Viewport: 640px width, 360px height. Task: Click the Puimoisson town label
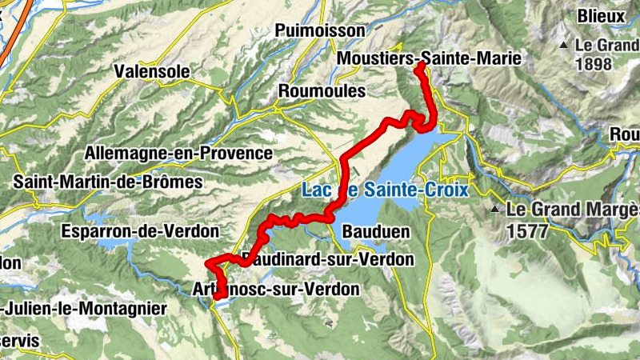319,30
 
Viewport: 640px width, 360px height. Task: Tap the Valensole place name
153,71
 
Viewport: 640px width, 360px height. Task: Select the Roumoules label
321,91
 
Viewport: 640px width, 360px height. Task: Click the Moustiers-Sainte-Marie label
429,58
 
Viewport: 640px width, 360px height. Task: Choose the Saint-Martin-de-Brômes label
108,182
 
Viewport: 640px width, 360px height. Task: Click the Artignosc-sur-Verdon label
277,289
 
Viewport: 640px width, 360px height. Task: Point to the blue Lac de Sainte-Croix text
384,190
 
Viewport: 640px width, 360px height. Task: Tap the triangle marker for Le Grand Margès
496,210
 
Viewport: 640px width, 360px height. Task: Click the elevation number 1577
528,232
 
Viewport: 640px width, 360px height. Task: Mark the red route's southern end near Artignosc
218,298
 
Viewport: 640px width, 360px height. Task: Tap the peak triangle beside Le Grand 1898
564,44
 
